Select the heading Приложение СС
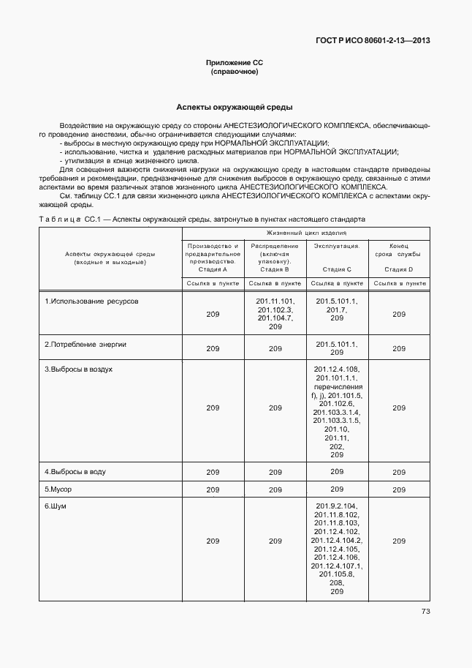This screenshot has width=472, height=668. click(235, 64)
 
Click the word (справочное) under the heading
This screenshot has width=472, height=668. click(235, 72)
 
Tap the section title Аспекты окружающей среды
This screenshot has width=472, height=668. click(235, 106)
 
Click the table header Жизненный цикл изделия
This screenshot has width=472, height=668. click(306, 233)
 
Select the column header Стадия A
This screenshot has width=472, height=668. click(213, 269)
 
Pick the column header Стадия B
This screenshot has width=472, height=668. click(275, 269)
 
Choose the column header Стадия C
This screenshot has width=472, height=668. click(337, 269)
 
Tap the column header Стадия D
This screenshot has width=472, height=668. click(399, 269)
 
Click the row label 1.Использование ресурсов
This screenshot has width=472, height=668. click(91, 301)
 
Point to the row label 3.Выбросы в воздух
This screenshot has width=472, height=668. click(79, 369)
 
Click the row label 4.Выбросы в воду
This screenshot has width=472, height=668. click(75, 472)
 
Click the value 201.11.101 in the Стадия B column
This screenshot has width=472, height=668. click(275, 301)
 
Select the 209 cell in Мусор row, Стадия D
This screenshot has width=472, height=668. click(399, 489)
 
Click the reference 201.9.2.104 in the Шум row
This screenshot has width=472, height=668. click(337, 506)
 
